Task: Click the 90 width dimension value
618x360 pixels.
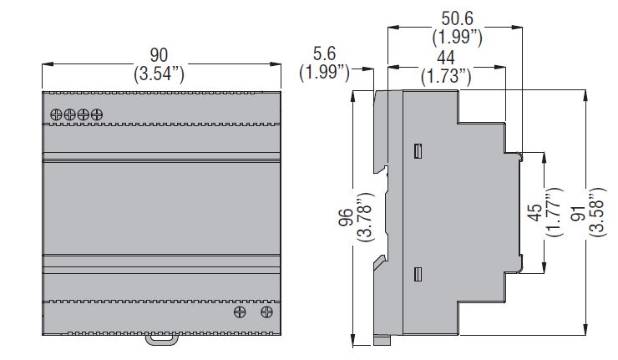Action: click(x=159, y=55)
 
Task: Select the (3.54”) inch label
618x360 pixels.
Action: click(x=159, y=74)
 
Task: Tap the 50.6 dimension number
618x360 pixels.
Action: click(x=457, y=18)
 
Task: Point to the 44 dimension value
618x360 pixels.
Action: click(x=446, y=58)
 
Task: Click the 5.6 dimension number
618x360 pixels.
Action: click(x=324, y=53)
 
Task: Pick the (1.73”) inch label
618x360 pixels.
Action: click(x=446, y=76)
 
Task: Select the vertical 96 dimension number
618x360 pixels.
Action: click(x=345, y=217)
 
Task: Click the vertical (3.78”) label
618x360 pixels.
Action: click(x=364, y=217)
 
